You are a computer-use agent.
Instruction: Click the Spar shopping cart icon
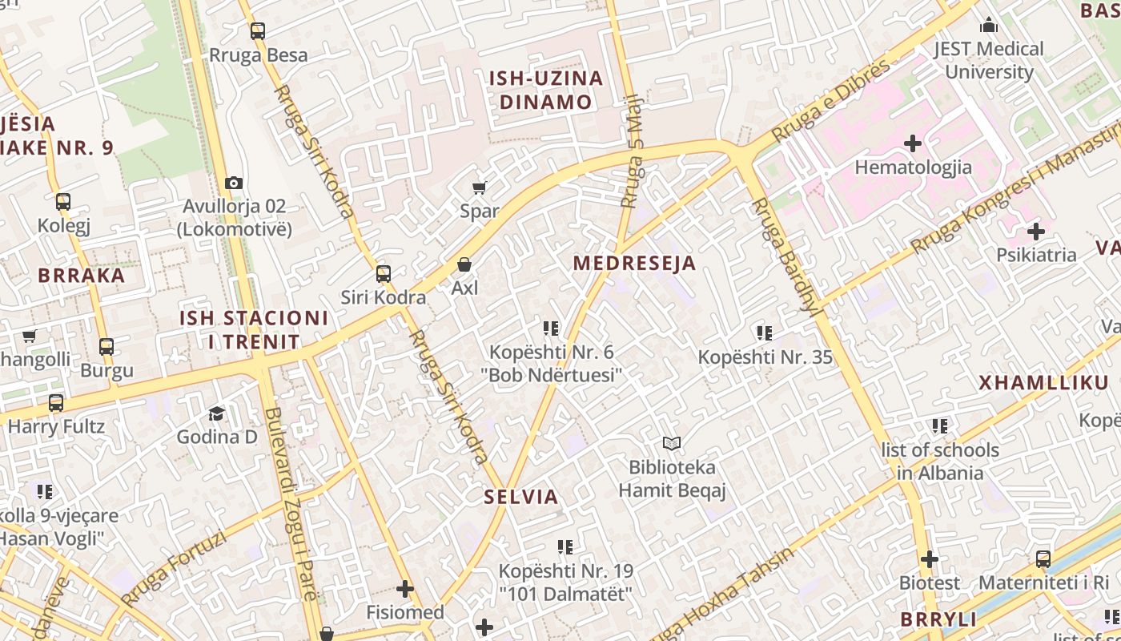point(479,187)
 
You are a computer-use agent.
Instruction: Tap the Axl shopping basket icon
point(464,264)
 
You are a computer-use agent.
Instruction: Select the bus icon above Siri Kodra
point(384,274)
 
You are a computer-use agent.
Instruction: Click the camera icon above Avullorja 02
point(234,183)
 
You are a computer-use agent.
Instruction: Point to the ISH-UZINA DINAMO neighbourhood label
point(546,90)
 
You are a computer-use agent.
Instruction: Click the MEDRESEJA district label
point(634,263)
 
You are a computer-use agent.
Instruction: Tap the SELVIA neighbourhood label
point(521,497)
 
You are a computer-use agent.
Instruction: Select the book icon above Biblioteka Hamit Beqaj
point(672,443)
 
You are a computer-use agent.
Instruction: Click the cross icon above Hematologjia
point(913,143)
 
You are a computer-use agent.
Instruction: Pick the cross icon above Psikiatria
point(1036,232)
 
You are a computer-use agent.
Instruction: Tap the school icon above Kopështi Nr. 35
point(765,333)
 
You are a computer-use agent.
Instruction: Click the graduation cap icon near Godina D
point(216,413)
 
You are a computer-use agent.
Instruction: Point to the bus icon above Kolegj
point(63,202)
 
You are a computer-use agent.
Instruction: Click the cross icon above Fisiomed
point(405,589)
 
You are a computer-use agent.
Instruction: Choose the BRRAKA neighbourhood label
point(82,276)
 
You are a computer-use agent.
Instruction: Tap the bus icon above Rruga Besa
point(258,31)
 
